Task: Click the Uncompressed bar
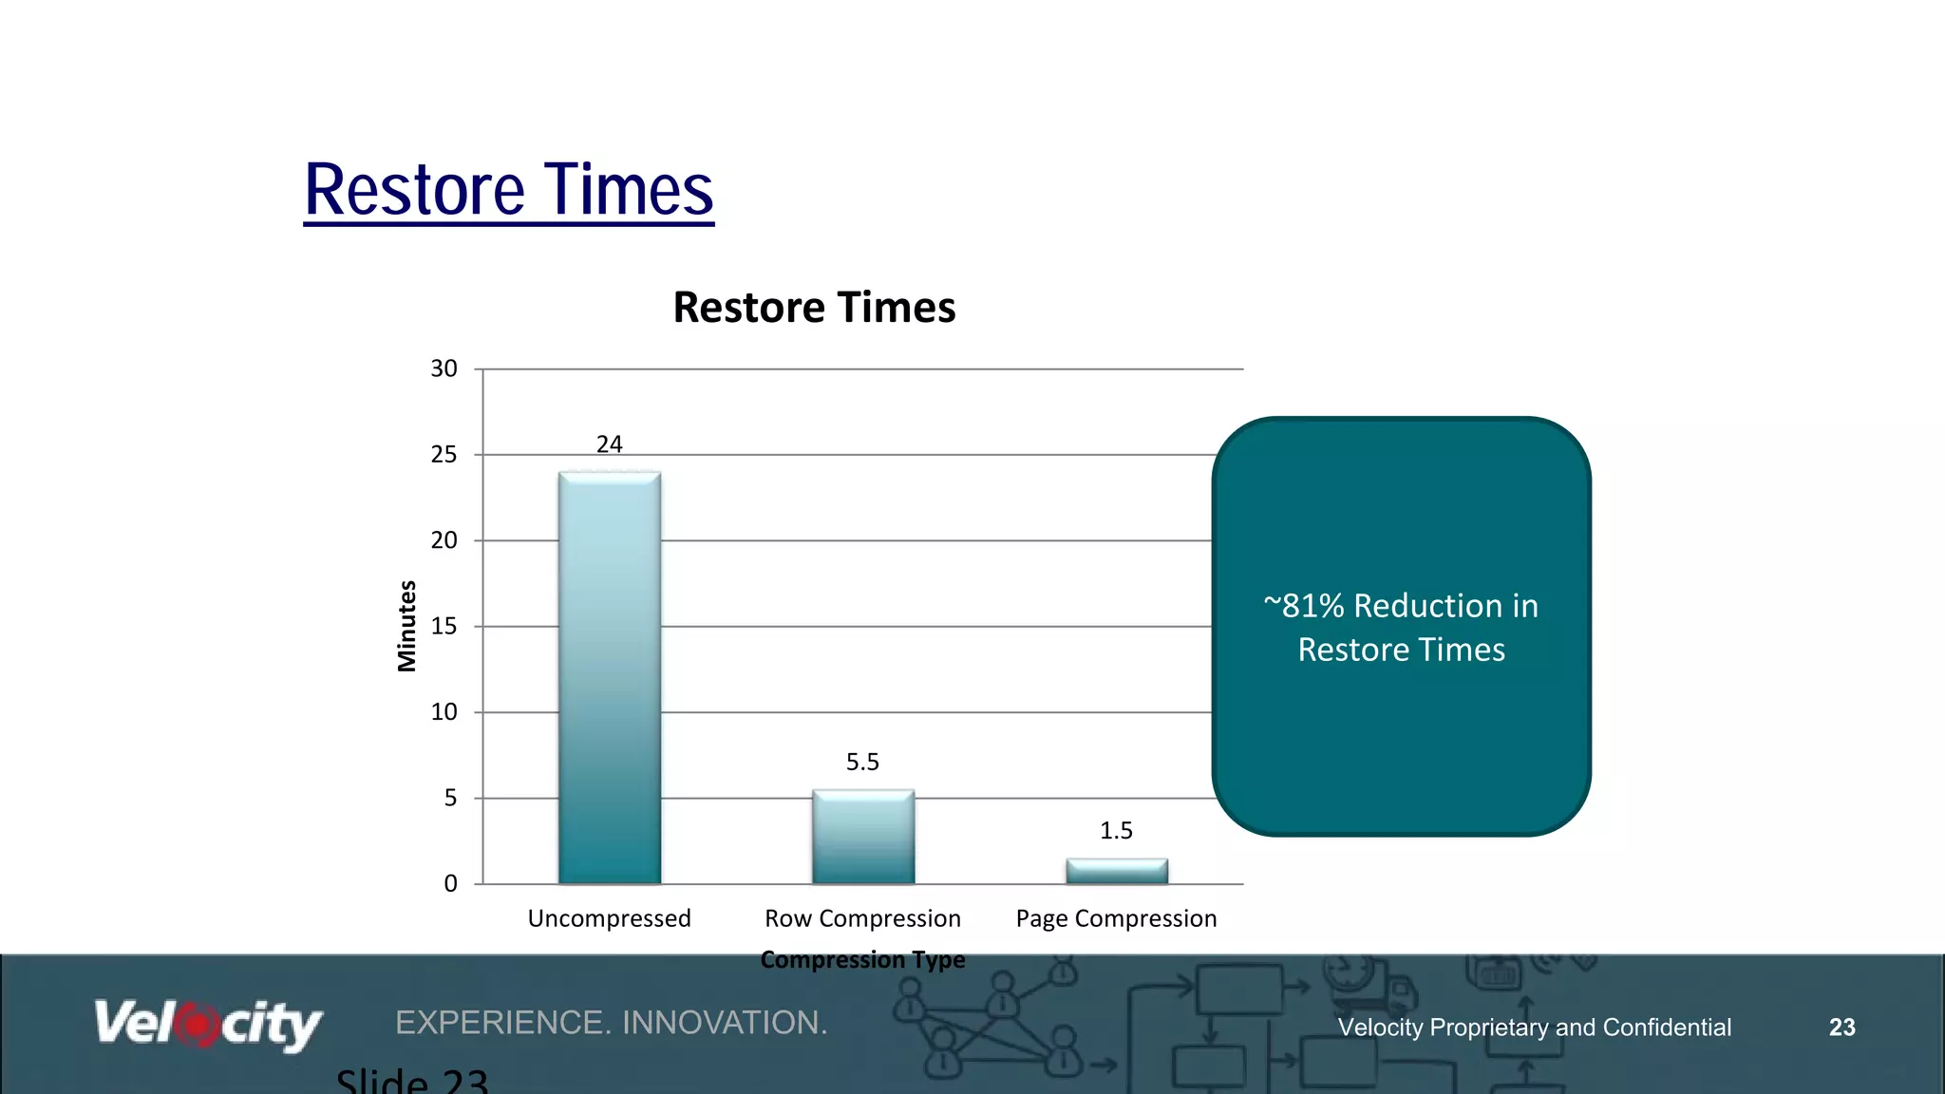point(610,678)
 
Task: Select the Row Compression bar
point(863,837)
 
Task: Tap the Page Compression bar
point(1117,871)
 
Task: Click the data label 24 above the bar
point(610,444)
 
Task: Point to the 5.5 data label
point(862,762)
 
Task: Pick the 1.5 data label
point(1116,831)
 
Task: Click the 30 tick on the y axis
point(444,368)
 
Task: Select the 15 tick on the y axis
point(444,627)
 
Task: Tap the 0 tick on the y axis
point(450,884)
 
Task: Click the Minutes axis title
point(406,627)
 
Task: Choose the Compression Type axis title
point(862,959)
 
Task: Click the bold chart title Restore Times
point(814,308)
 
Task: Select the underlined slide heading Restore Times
point(508,190)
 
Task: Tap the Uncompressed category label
point(609,918)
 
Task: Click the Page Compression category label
point(1116,918)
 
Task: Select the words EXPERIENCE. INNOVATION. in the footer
point(612,1023)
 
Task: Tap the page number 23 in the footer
point(1841,1028)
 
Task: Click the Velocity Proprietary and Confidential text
point(1534,1028)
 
